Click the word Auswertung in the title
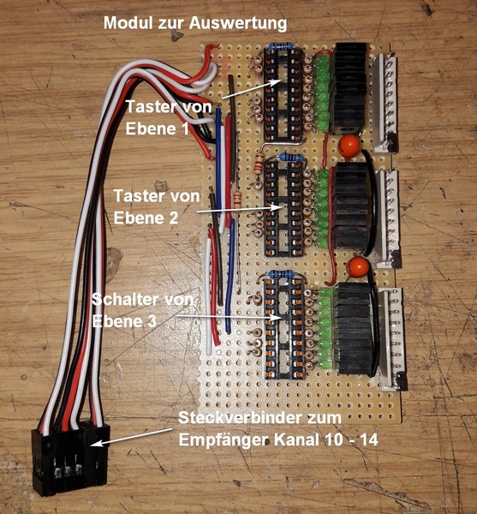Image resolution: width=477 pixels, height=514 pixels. (238, 24)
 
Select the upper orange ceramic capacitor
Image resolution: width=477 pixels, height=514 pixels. (349, 146)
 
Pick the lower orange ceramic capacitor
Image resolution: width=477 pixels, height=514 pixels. (357, 267)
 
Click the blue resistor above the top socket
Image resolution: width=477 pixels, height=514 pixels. (280, 47)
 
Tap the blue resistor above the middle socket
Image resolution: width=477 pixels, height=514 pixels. (291, 158)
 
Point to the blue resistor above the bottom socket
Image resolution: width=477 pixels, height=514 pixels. (281, 274)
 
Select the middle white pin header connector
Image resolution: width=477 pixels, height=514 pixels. (389, 218)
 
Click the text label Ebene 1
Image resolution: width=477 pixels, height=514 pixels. (157, 128)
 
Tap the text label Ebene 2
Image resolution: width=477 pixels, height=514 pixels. (146, 218)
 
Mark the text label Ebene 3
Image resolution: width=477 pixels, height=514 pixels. (124, 321)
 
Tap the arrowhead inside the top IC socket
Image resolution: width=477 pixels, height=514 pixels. (275, 82)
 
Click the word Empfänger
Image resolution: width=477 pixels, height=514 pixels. (224, 440)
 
